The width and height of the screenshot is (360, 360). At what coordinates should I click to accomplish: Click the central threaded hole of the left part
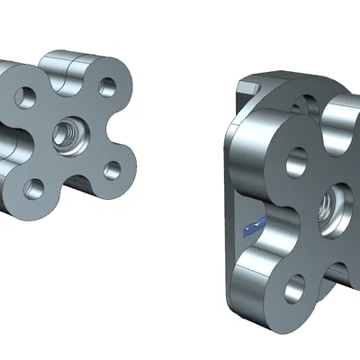point(66,135)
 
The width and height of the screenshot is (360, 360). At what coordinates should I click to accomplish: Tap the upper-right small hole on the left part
point(107,87)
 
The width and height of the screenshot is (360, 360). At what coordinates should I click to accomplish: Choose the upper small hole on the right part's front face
point(295,162)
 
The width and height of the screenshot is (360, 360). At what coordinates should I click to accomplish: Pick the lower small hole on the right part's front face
point(292,289)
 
